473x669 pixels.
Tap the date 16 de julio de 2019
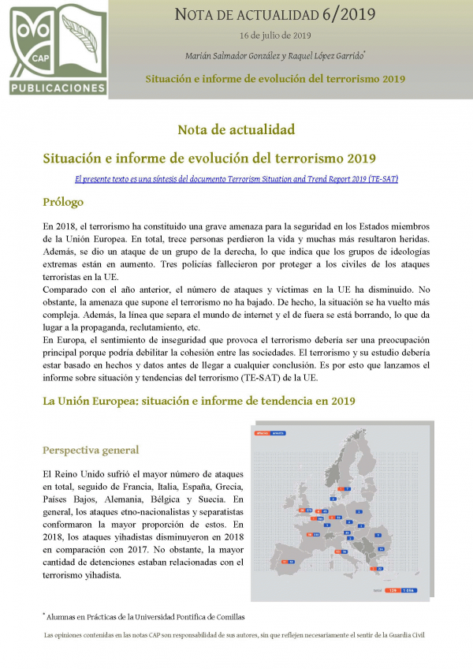274,36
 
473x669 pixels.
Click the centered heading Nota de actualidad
236,129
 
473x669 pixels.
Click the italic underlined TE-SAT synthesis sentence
236,179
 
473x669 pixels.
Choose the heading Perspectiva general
91,450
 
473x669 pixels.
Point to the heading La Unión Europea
199,401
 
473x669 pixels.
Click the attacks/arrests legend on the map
270,433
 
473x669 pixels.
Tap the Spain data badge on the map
285,562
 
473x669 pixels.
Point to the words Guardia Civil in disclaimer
406,633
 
